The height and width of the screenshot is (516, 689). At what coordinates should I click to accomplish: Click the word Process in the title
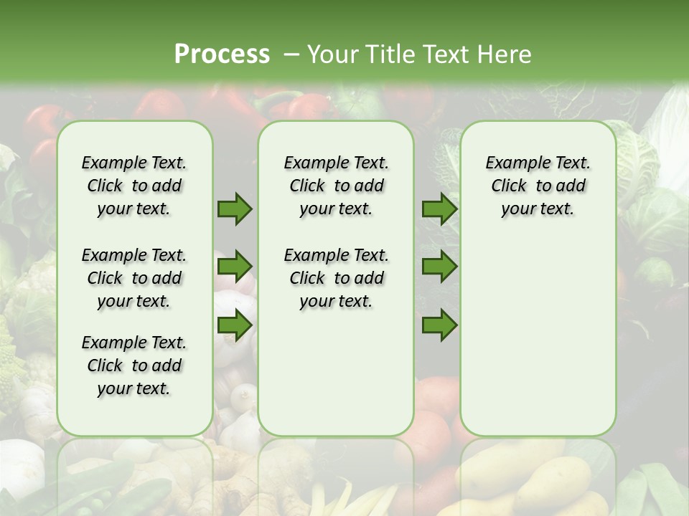222,54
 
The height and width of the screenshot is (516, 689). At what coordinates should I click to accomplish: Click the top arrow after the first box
235,209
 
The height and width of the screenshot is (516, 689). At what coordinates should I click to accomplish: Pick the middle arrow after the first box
235,267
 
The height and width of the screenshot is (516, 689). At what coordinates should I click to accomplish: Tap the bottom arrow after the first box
235,326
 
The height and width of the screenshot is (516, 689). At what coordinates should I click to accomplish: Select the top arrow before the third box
439,209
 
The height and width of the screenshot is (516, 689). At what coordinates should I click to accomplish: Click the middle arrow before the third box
439,267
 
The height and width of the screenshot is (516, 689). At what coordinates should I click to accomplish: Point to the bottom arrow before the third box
439,326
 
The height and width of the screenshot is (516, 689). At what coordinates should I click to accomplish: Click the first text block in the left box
134,186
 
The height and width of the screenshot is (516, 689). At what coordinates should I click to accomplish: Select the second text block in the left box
134,278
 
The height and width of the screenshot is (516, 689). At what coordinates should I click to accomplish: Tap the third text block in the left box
134,365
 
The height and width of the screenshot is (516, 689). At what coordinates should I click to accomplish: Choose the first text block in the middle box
336,186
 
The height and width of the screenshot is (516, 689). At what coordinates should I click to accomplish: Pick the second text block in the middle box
336,278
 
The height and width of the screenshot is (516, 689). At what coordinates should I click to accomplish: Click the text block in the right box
538,186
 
